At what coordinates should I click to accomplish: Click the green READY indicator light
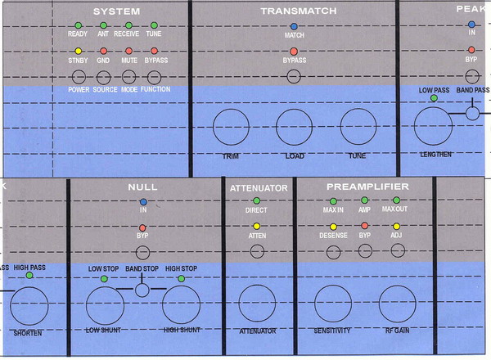pos(78,26)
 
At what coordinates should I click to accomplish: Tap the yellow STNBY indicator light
pos(78,52)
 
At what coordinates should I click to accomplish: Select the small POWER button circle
pos(79,76)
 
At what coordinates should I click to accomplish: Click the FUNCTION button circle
pos(154,76)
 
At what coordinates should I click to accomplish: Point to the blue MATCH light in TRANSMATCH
pos(294,27)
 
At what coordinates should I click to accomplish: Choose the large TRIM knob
pos(231,128)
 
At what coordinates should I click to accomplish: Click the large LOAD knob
pos(294,128)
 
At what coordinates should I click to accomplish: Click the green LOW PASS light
pos(433,99)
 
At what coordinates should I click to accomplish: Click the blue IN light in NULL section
pos(142,200)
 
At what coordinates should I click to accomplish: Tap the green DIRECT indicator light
pos(256,200)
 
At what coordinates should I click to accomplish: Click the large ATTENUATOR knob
pos(256,304)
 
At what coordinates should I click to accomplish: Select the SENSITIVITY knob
pos(333,304)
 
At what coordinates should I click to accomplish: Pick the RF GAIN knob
pos(397,304)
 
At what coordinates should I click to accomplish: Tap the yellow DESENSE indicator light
pos(333,226)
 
